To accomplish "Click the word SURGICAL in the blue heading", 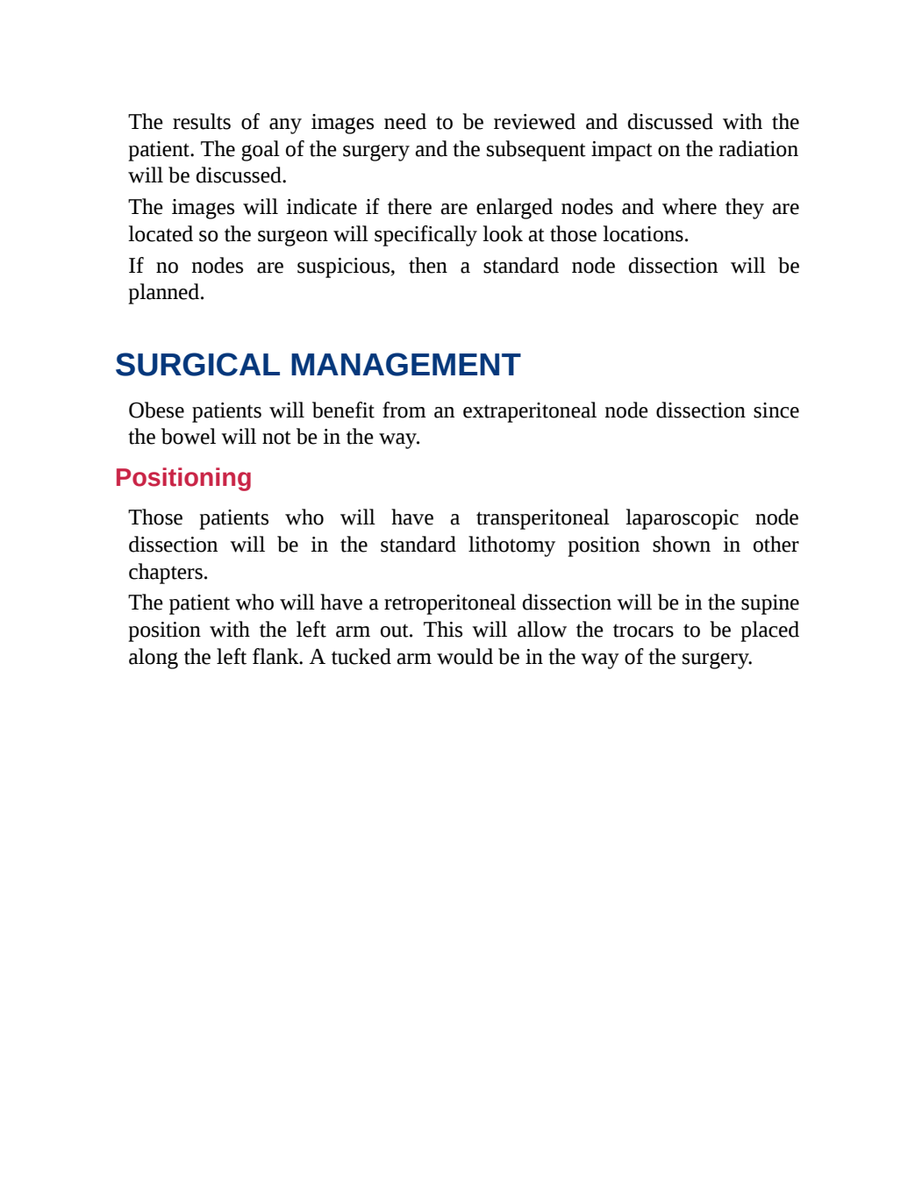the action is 197,365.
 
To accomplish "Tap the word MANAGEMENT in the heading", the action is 405,365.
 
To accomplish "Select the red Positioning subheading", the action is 183,478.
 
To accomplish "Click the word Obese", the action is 156,410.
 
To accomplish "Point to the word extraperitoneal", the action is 529,410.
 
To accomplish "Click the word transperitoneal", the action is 542,518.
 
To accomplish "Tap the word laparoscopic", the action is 682,518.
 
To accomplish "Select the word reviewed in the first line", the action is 534,122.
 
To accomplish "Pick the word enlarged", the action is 514,208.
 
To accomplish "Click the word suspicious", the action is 346,267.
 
